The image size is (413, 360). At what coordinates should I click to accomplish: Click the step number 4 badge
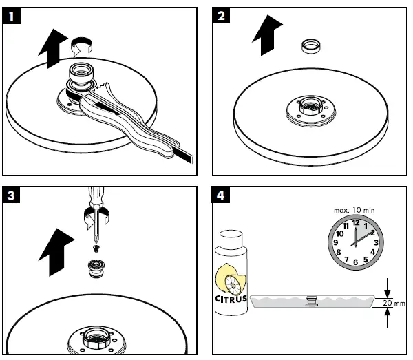point(220,196)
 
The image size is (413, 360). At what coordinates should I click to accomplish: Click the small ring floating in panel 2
point(311,47)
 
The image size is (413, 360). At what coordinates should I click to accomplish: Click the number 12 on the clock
point(356,222)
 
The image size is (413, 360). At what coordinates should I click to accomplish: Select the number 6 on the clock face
point(356,262)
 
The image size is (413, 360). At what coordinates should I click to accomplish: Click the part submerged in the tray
point(311,300)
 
